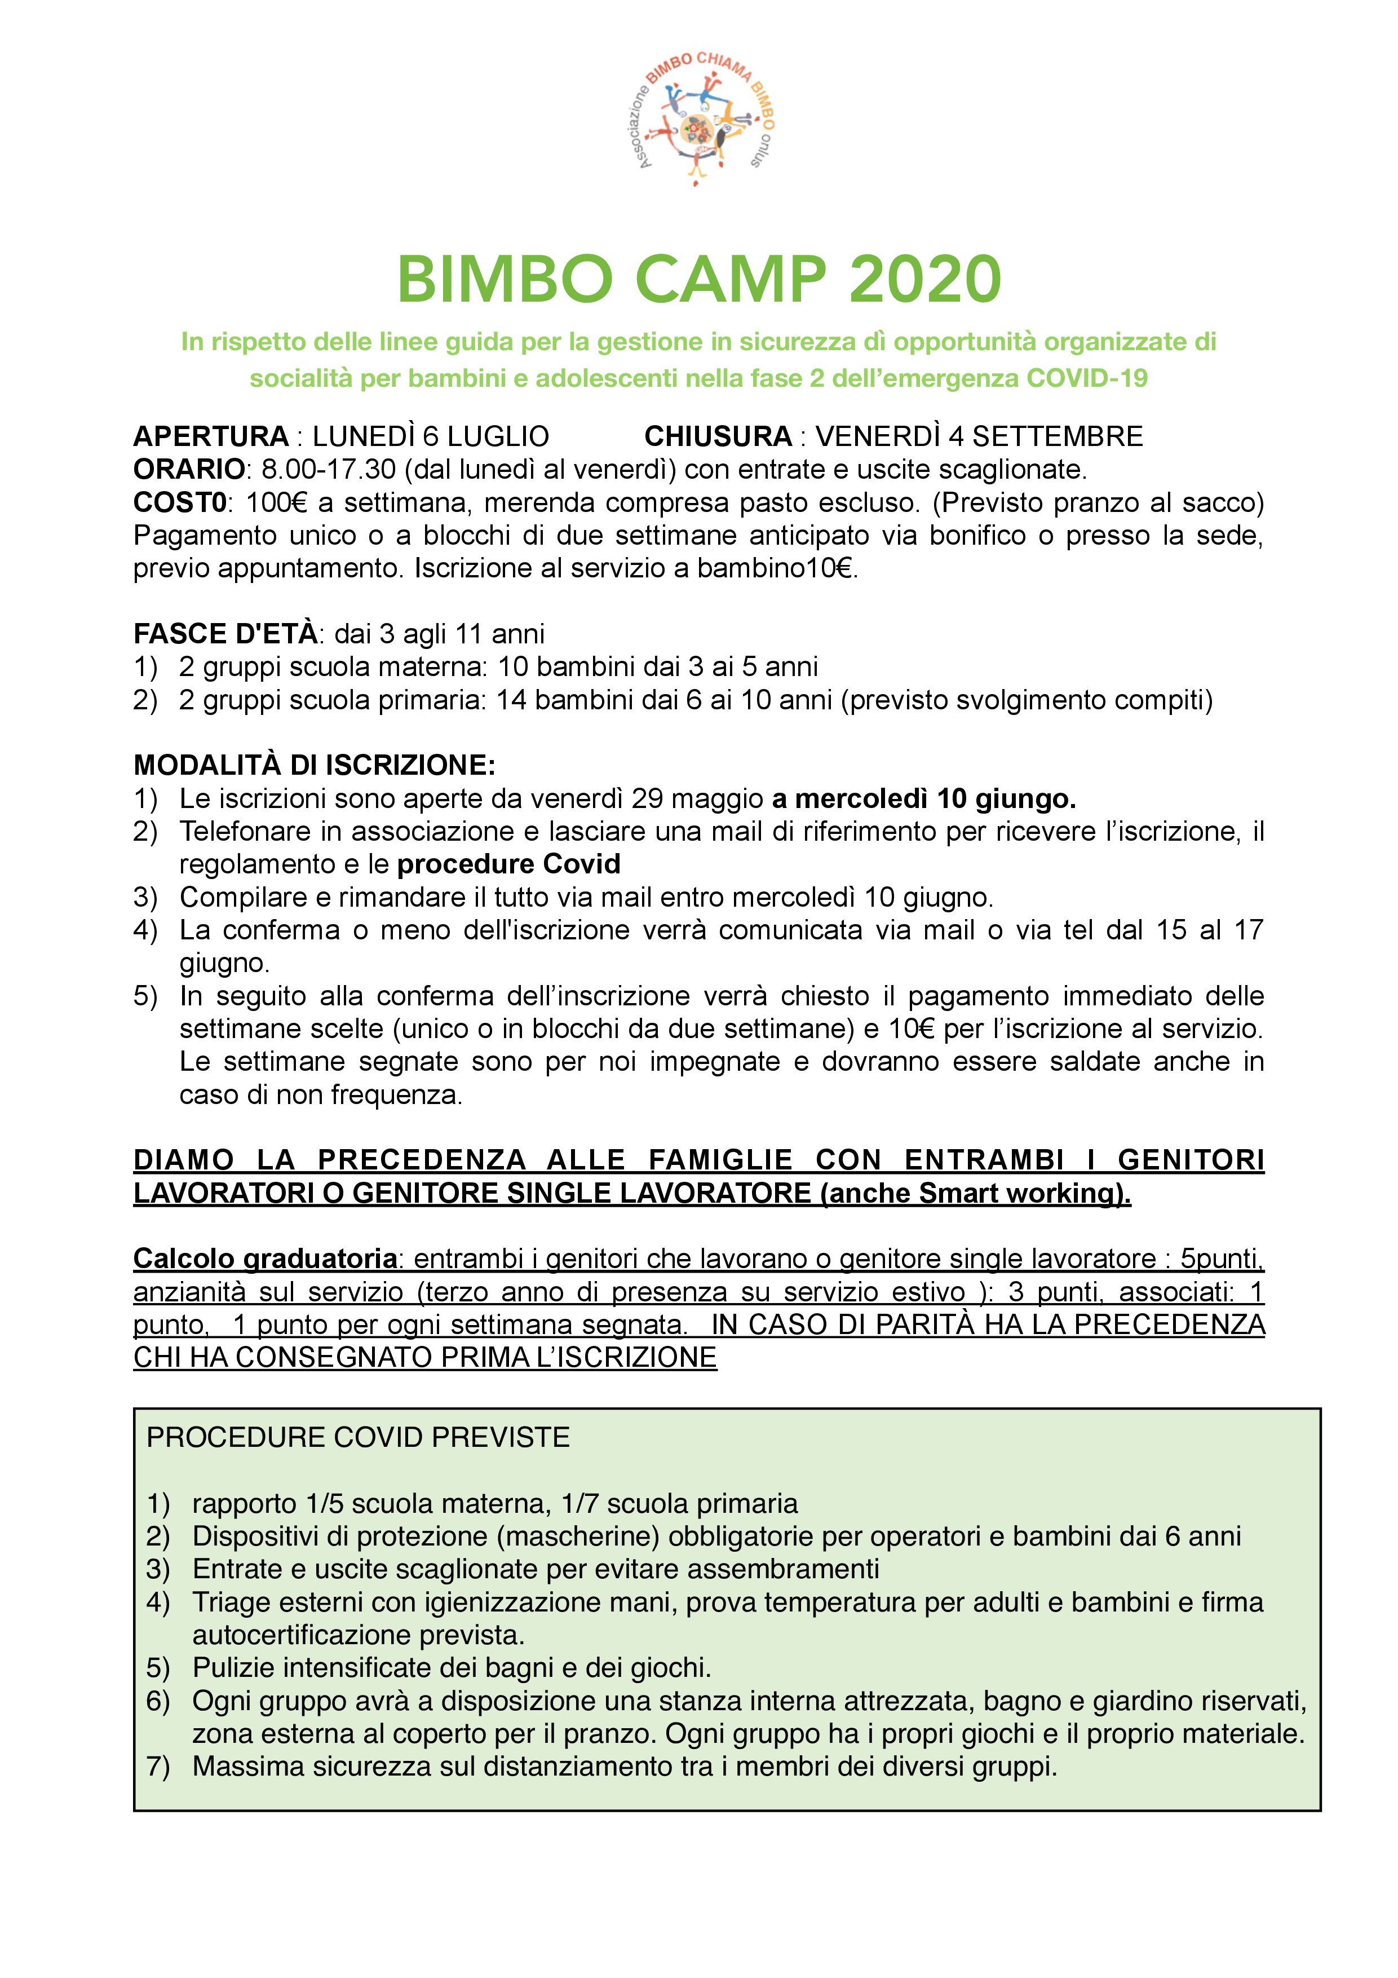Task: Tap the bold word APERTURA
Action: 211,437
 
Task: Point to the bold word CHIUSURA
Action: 718,437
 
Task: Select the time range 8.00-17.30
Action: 328,470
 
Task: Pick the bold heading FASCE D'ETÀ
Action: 225,634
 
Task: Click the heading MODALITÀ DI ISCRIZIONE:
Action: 315,765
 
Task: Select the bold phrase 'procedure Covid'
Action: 508,864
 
